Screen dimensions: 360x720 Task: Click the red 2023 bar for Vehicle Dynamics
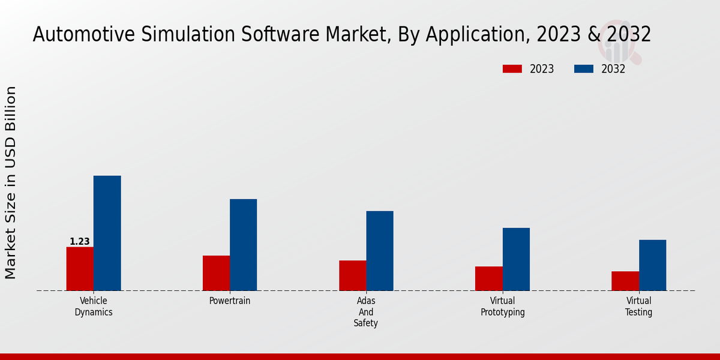coord(80,269)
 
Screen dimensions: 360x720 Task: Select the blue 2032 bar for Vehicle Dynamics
coord(107,233)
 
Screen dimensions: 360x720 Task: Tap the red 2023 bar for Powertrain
coord(216,273)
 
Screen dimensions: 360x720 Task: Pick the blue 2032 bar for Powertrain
coord(243,245)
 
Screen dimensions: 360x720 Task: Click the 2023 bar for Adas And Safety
coord(352,275)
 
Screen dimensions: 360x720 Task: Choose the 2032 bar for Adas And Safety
coord(380,251)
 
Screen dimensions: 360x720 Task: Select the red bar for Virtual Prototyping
coord(488,278)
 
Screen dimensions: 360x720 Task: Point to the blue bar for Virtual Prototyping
coord(516,259)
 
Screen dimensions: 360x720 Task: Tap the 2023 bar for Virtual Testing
coord(625,281)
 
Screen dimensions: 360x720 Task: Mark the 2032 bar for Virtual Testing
coord(652,265)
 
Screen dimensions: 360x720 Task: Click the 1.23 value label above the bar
coord(80,242)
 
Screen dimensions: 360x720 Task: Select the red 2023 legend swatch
coord(512,69)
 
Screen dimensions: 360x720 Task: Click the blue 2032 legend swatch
coord(583,69)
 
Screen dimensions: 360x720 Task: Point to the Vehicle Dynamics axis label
coord(94,307)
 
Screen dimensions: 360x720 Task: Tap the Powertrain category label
coord(230,301)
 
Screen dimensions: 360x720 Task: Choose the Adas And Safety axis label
coord(366,312)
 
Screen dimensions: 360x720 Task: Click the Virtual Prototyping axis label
coord(503,307)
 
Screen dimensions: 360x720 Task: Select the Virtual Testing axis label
coord(638,307)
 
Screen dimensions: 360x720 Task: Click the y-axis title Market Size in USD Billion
coord(11,182)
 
